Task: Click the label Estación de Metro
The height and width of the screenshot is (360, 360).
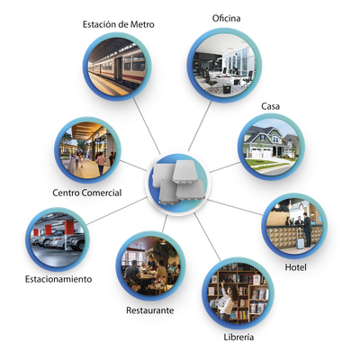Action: click(x=118, y=24)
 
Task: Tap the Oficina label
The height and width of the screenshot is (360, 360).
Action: click(x=226, y=18)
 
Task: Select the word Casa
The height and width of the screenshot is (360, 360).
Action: click(x=270, y=106)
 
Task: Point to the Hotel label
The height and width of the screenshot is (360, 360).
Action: click(x=295, y=267)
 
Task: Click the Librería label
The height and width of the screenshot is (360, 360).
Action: click(x=238, y=337)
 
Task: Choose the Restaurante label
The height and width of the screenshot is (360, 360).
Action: click(x=149, y=310)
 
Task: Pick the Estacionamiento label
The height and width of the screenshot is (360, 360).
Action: click(x=58, y=279)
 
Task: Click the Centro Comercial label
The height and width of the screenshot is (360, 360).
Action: click(x=87, y=193)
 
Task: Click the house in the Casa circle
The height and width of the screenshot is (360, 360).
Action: click(x=270, y=142)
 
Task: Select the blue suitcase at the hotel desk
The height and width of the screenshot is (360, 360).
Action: click(x=300, y=242)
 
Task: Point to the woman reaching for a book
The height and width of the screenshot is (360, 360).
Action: click(x=227, y=301)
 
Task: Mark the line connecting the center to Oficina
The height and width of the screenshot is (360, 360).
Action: click(x=200, y=126)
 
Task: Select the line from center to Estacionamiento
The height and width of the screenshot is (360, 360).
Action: click(x=117, y=211)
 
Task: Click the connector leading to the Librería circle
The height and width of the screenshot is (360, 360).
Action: click(x=207, y=237)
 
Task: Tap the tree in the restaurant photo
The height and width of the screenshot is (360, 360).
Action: click(x=164, y=250)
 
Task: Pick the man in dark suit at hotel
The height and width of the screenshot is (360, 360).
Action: click(x=307, y=229)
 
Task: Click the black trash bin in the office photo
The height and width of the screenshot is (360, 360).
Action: click(x=227, y=88)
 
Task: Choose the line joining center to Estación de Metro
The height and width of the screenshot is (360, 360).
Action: click(x=147, y=126)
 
